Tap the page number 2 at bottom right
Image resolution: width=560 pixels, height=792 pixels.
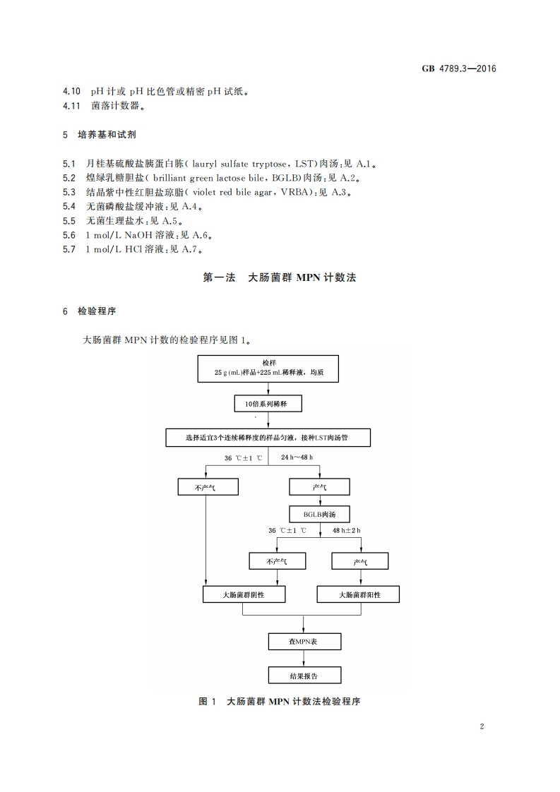pos(481,726)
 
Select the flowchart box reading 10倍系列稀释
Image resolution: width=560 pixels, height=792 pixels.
pos(268,404)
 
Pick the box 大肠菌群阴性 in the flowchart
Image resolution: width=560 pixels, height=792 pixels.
pos(244,594)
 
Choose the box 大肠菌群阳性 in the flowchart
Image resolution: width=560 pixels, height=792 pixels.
pos(358,594)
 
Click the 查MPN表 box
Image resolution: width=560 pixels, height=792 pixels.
pos(304,641)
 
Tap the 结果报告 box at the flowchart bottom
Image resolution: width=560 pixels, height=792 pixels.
pos(304,675)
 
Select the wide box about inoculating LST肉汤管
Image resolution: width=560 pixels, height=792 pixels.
pos(268,438)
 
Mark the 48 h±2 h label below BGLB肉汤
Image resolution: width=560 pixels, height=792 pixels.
pos(346,530)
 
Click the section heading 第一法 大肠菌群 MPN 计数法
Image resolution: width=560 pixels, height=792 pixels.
pos(280,277)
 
